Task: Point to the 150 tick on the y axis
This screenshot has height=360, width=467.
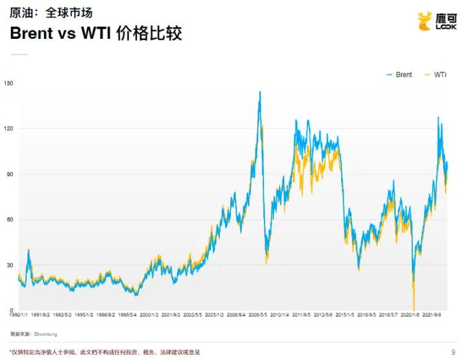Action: (x=8, y=83)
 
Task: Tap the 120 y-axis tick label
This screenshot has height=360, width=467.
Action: (x=8, y=128)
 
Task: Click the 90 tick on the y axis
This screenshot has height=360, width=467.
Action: (x=8, y=174)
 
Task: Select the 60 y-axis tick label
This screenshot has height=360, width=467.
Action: (x=8, y=220)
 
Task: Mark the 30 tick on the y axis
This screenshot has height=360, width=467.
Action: (x=8, y=265)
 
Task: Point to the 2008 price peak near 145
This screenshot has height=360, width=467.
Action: (x=260, y=92)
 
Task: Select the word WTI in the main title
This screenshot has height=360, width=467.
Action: (x=93, y=34)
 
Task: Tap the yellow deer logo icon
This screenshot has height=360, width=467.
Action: (x=424, y=21)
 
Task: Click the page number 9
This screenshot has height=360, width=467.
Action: (x=452, y=352)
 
